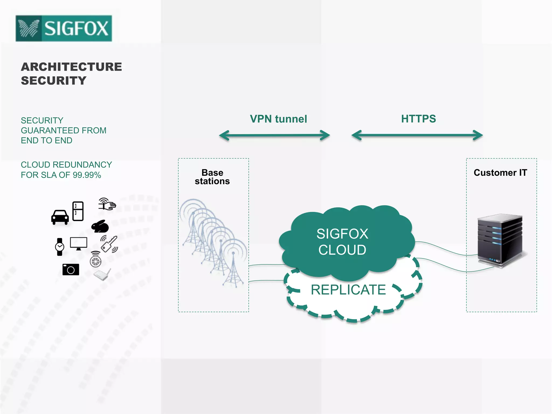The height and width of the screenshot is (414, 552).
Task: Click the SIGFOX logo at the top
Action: tap(64, 28)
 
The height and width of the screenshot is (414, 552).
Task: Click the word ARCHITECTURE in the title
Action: tap(71, 67)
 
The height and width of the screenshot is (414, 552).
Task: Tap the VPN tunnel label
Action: tap(278, 119)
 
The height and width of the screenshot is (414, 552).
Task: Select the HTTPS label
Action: tap(418, 119)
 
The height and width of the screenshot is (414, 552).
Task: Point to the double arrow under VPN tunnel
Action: tap(274, 135)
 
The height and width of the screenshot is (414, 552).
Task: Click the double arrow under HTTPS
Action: tap(417, 135)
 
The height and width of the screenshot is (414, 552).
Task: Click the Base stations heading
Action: tap(212, 177)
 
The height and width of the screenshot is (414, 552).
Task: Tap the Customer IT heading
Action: tap(500, 172)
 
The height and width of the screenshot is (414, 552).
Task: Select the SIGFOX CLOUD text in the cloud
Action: tap(342, 242)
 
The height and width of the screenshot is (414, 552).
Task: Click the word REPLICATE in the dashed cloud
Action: tap(348, 290)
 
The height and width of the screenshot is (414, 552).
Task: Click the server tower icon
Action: tap(500, 241)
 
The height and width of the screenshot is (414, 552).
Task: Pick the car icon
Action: tap(60, 217)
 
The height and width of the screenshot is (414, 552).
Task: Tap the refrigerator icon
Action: tap(78, 211)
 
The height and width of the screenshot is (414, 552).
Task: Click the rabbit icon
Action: tap(100, 226)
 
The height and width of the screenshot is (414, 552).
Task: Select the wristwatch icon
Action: tap(60, 247)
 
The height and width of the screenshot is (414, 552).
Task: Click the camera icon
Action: tap(71, 270)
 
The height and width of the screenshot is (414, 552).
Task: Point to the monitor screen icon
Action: tap(78, 243)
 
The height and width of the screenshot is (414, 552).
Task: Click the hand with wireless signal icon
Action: tap(107, 204)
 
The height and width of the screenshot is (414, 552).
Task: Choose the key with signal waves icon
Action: tap(109, 244)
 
